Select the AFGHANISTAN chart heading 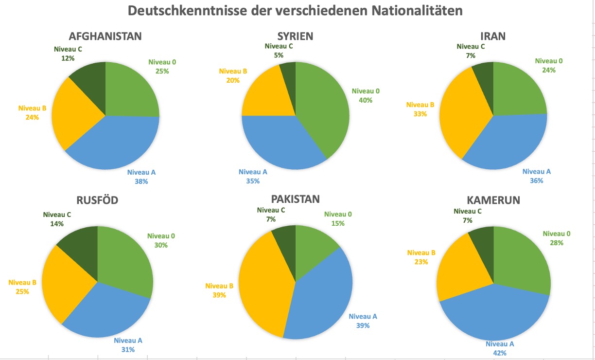[105, 36]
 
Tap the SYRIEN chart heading [295, 36]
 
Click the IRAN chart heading [493, 36]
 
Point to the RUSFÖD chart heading [97, 200]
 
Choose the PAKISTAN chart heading [296, 199]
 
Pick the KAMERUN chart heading [493, 200]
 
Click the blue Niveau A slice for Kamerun [496, 316]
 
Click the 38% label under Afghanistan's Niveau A [141, 181]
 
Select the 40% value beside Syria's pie [366, 100]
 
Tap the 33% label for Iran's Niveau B [420, 114]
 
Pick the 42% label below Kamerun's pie [500, 353]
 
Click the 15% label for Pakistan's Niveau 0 [338, 223]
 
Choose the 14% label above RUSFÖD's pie [57, 224]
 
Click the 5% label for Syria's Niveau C [279, 55]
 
